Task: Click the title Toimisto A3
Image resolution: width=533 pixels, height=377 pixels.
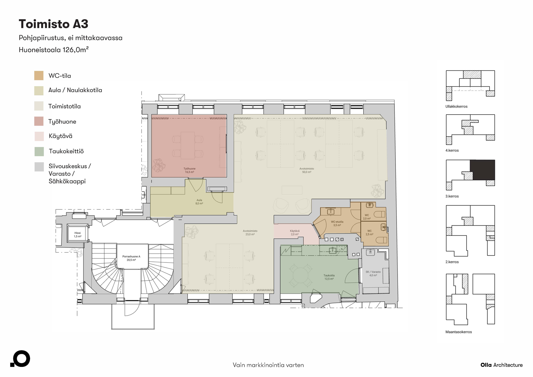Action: click(53, 24)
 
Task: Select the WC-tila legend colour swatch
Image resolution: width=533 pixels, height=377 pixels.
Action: click(39, 76)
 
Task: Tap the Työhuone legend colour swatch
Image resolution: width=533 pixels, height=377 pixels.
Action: click(39, 121)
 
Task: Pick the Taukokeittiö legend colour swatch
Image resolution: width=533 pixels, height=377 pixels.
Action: click(39, 151)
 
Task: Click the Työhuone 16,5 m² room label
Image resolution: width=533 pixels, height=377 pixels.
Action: click(190, 170)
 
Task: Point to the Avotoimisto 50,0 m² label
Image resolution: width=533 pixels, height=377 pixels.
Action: click(306, 170)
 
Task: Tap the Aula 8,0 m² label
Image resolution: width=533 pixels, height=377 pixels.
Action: click(199, 202)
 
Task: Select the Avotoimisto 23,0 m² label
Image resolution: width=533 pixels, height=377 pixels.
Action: click(250, 232)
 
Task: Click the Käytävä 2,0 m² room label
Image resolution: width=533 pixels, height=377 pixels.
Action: click(295, 232)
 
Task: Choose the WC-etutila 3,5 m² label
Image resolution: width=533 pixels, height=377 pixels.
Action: click(337, 223)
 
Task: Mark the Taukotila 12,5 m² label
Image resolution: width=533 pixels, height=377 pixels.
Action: click(329, 277)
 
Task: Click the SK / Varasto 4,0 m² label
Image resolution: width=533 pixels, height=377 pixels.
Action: click(373, 273)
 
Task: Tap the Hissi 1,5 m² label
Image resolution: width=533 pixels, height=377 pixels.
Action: click(77, 235)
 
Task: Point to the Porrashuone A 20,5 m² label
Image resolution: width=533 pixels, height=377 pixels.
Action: click(131, 258)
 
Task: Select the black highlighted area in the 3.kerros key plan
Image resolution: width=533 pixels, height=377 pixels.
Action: click(482, 170)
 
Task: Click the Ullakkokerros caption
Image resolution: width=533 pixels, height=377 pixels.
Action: click(456, 106)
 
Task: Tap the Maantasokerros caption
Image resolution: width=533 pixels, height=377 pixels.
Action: click(458, 332)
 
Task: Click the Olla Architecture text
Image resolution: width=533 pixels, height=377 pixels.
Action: click(501, 365)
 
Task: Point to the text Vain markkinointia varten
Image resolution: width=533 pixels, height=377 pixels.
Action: click(268, 365)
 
